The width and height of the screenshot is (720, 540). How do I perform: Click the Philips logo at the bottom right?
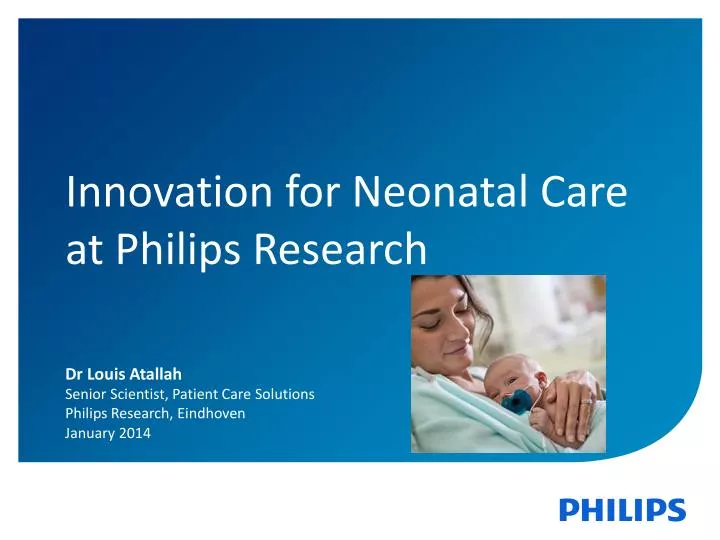(622, 510)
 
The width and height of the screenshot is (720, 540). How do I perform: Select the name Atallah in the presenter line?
(157, 374)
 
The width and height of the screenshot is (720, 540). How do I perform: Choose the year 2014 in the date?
(135, 432)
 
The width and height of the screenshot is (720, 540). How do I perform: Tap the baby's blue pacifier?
(519, 400)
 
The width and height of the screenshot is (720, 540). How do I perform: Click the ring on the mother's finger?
(586, 400)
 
